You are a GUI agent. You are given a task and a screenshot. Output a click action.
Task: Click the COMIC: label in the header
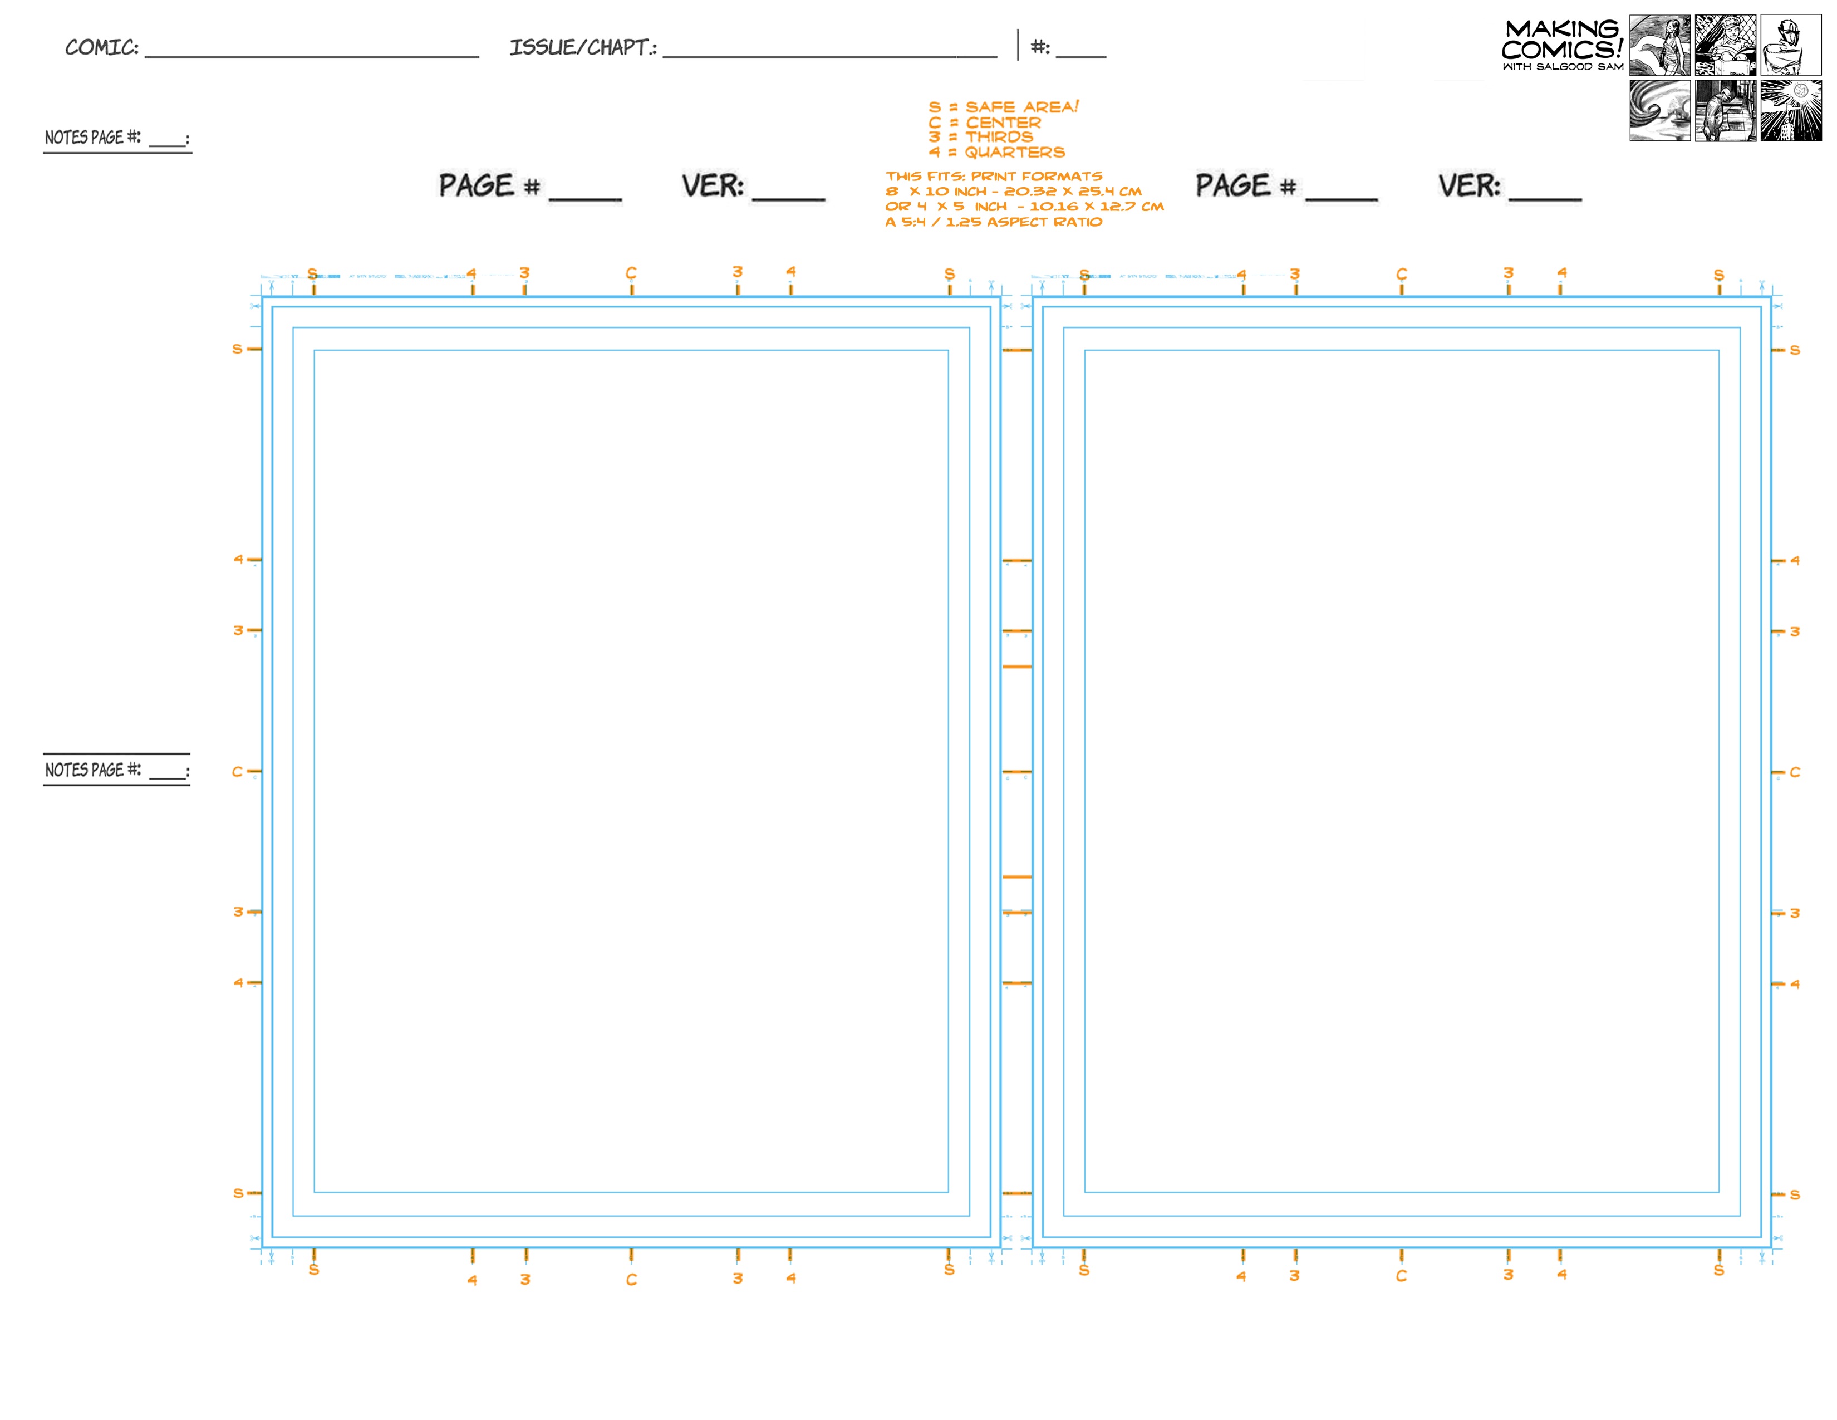[102, 47]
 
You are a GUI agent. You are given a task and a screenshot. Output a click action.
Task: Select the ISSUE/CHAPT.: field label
[583, 47]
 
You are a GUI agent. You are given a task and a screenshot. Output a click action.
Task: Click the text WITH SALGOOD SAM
[1563, 66]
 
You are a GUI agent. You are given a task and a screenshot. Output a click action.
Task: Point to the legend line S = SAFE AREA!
[1003, 107]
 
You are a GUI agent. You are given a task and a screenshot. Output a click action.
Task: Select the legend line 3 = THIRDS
[980, 137]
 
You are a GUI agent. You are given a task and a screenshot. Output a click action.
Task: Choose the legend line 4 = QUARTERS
[996, 152]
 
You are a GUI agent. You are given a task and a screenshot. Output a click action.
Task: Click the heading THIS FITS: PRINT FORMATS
[993, 176]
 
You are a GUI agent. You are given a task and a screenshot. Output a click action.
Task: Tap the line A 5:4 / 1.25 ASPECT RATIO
[993, 222]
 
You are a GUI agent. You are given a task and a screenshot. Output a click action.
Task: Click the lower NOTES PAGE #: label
[94, 770]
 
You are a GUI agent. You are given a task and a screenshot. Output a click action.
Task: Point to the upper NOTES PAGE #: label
[94, 137]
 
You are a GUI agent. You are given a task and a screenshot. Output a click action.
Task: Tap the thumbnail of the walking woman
[1659, 46]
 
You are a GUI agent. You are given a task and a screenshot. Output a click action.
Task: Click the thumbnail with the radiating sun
[1791, 110]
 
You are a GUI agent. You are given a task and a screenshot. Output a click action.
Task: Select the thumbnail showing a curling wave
[1659, 110]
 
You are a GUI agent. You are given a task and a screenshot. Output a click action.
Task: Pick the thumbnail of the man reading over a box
[1725, 46]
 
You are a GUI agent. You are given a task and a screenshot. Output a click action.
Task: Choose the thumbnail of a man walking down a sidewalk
[1725, 110]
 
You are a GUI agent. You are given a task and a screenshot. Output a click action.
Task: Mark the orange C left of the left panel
[237, 771]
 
